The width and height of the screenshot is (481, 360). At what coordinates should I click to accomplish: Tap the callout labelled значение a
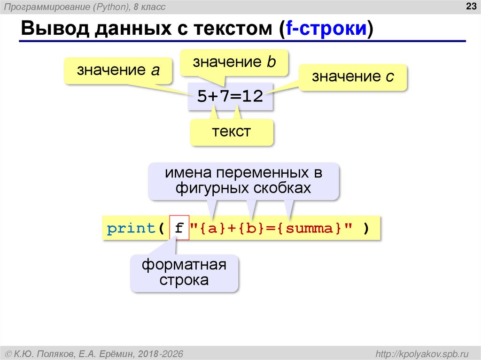[x=118, y=71]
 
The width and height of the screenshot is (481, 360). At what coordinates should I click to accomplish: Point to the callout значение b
[x=234, y=62]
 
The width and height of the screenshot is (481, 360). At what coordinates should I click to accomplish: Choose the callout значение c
[x=353, y=77]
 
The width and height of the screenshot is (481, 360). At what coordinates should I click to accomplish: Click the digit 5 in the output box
[x=202, y=97]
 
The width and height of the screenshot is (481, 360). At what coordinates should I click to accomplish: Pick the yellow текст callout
[x=231, y=131]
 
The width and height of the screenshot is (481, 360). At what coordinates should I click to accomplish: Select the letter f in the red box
[x=178, y=229]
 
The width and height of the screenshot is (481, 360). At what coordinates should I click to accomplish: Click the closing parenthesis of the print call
[x=365, y=229]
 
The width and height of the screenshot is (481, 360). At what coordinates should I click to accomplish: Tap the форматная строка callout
[x=184, y=273]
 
